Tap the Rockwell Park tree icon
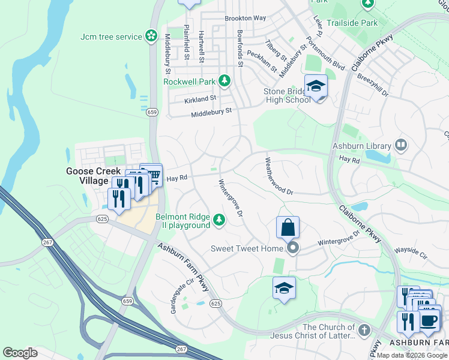pos(224,80)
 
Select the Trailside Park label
pos(352,23)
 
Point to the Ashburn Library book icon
pos(400,145)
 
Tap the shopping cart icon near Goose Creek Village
pos(153,175)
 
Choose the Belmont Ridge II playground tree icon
pos(220,221)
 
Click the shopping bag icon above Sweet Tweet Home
pos(288,227)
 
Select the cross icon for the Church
pos(364,331)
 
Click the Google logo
pos(20,352)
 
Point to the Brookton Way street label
pos(245,18)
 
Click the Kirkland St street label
pos(200,98)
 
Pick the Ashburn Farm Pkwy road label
pos(183,268)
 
